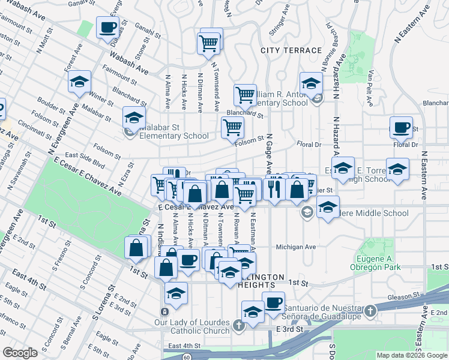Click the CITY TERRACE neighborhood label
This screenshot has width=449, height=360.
291,50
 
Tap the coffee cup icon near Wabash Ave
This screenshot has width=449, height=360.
107,29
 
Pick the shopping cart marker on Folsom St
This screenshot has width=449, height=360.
232,127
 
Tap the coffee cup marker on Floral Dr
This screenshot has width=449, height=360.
401,127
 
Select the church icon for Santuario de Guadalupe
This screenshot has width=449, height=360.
371,311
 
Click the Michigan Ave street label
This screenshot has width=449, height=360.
296,247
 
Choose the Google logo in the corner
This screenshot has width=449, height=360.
20,352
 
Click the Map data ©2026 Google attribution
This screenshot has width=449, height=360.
412,355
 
